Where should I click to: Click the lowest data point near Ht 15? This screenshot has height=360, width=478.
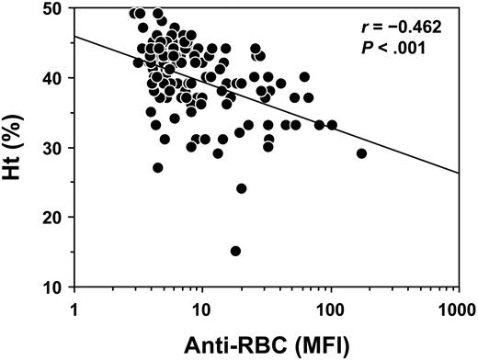(x=235, y=251)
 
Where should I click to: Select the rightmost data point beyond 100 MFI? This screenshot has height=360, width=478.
(x=361, y=153)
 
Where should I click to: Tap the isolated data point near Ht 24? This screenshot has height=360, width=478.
(x=242, y=188)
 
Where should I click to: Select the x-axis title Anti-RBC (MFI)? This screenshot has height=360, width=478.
(x=265, y=343)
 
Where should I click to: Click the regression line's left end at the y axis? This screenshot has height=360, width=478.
(x=73, y=37)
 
